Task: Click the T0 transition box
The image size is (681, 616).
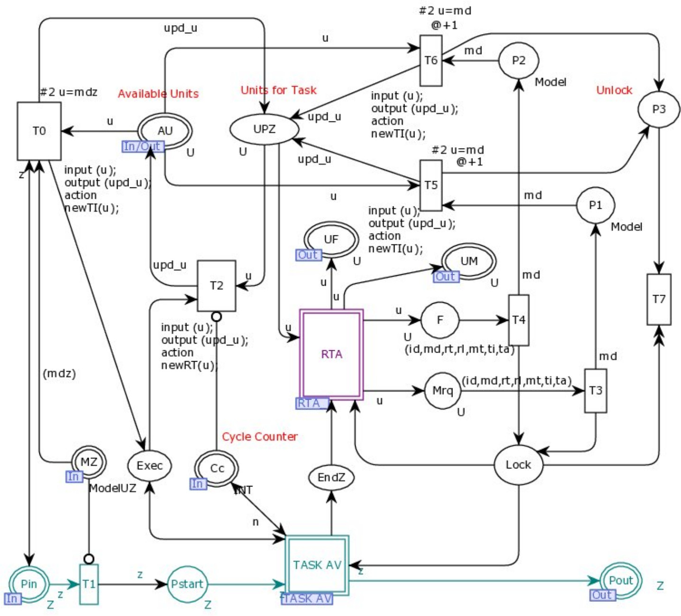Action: pos(39,131)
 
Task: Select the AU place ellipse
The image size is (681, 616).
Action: pos(165,131)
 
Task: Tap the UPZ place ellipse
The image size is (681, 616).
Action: pos(264,129)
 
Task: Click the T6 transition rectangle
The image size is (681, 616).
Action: pos(431,60)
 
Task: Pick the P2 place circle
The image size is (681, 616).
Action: pos(518,61)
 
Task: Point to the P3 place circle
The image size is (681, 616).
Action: pos(659,109)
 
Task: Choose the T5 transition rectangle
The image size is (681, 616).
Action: pos(431,185)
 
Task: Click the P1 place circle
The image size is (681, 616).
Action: pos(595,205)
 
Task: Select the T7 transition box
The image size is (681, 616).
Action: pos(659,299)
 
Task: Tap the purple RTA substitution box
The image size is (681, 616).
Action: pos(331,354)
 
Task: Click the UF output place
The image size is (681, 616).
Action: pos(331,239)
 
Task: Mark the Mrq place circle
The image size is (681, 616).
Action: pos(442,391)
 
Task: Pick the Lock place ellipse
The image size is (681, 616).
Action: pos(518,465)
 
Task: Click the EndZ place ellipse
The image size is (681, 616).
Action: pos(331,477)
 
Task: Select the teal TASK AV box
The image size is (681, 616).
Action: pos(317,565)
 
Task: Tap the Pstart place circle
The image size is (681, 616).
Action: pos(187,584)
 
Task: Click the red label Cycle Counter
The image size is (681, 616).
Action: pos(259,437)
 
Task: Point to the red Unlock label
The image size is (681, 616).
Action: pos(614,90)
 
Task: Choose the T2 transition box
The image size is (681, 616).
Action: pos(216,286)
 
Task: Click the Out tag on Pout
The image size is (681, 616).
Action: pos(602,595)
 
